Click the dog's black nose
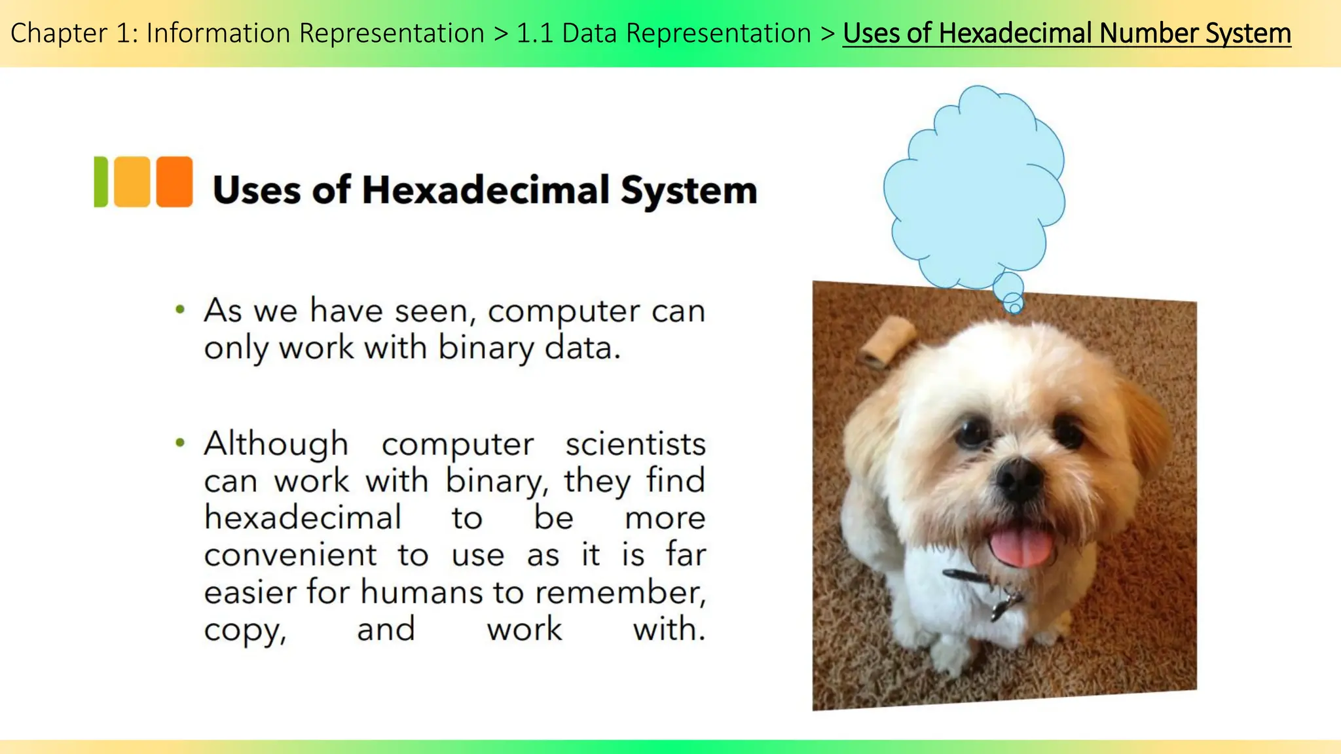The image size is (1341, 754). click(x=1019, y=480)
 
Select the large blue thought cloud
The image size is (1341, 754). click(x=974, y=190)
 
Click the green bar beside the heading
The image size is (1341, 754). click(x=100, y=181)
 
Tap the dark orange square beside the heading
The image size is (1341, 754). click(x=174, y=181)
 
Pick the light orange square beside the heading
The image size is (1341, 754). click(x=132, y=181)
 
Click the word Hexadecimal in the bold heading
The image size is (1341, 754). click(x=485, y=190)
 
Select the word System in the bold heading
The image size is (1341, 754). click(x=688, y=190)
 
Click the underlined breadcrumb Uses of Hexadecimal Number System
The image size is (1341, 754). click(x=1066, y=33)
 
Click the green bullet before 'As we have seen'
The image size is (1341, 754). click(x=180, y=310)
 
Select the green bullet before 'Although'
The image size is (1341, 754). click(x=180, y=443)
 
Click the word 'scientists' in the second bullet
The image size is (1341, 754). click(x=635, y=444)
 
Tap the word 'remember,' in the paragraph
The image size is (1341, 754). click(x=620, y=592)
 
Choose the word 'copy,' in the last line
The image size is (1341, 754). click(x=245, y=630)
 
